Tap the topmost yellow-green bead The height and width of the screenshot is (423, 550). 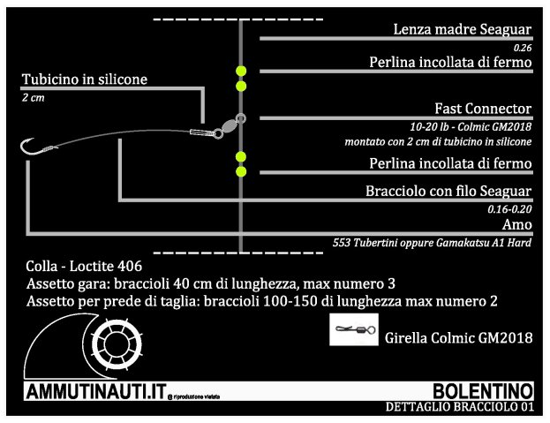[241, 71]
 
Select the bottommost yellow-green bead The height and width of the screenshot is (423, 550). [241, 171]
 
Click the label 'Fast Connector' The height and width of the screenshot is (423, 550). [483, 109]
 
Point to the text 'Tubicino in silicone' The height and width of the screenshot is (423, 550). [85, 79]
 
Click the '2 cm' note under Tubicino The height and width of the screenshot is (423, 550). [34, 97]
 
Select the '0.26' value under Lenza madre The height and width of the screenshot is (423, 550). [523, 48]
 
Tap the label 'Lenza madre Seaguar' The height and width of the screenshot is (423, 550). [463, 29]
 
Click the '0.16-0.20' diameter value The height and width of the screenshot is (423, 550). [509, 209]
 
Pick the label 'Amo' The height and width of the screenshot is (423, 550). [517, 224]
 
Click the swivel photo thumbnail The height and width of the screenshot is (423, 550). [354, 329]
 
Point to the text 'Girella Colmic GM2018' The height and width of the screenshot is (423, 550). [459, 337]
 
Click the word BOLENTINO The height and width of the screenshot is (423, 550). [484, 391]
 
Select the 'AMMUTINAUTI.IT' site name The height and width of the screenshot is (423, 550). [96, 392]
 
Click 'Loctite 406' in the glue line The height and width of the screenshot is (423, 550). [106, 266]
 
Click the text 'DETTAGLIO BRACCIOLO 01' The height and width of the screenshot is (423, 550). [459, 407]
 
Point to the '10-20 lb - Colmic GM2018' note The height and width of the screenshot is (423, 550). [471, 126]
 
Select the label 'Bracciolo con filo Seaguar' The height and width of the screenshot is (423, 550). [448, 191]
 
